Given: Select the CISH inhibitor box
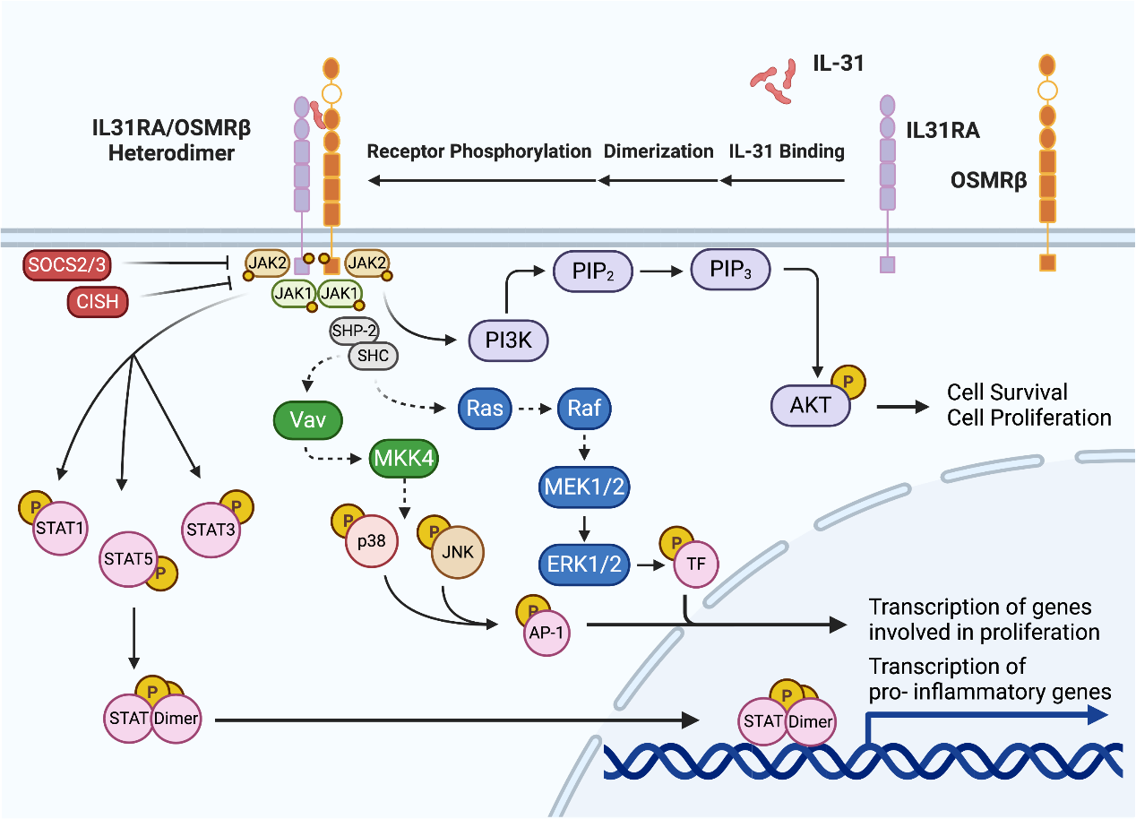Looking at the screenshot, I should coord(97,302).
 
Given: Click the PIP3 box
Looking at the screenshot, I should coord(729,270).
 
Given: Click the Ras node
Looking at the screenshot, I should coord(484,409).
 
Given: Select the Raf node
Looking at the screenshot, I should coord(584,409).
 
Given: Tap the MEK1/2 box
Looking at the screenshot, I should coord(582,487).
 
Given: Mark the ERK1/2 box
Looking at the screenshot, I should coord(584,563).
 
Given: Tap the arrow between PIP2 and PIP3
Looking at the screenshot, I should coord(661,270).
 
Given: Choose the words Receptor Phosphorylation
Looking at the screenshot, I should coord(479,151).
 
